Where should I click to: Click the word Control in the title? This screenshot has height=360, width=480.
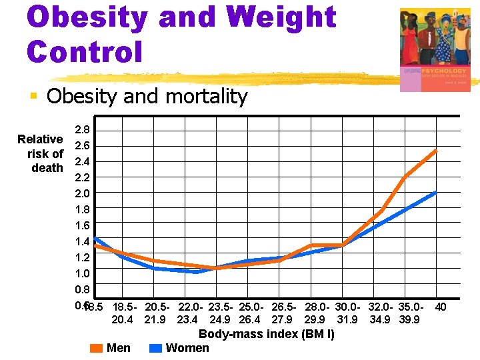click(85, 51)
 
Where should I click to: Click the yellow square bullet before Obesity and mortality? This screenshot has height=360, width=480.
click(33, 97)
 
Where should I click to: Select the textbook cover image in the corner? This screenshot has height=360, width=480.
click(435, 50)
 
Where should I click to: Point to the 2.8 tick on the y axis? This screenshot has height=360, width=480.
click(83, 129)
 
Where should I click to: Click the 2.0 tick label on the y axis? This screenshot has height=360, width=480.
click(83, 193)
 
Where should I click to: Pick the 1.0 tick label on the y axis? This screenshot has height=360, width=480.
click(83, 273)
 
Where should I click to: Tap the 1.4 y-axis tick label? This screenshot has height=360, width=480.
click(83, 241)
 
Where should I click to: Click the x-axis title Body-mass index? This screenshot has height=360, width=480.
click(267, 334)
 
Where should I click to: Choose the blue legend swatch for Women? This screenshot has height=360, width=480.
click(156, 348)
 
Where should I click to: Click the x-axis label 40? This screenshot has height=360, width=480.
click(440, 307)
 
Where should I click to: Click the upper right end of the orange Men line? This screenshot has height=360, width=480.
click(436, 151)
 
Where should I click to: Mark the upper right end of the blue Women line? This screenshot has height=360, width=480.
click(436, 192)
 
